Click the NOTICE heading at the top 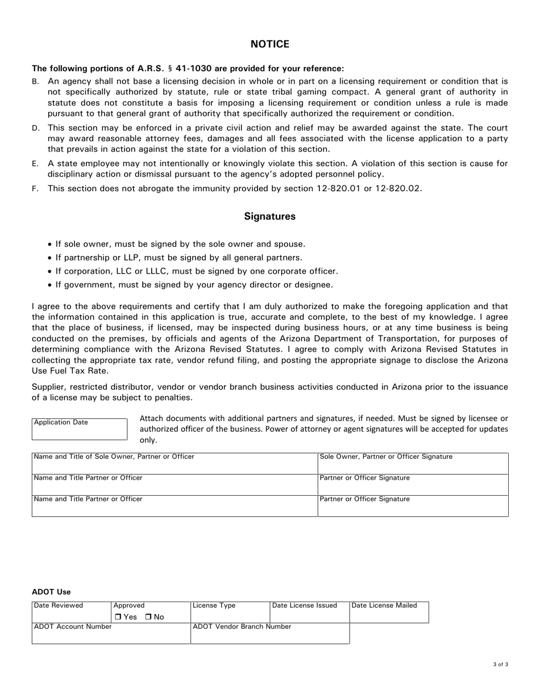270,44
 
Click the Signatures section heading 269,217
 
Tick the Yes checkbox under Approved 118,617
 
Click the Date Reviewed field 71,615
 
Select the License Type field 230,615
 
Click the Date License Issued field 309,615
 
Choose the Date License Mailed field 389,615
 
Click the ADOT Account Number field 111,636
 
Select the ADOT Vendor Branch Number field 269,636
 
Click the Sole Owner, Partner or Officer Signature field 413,466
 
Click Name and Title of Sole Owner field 174,466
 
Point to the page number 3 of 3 501,664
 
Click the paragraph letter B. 35,82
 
